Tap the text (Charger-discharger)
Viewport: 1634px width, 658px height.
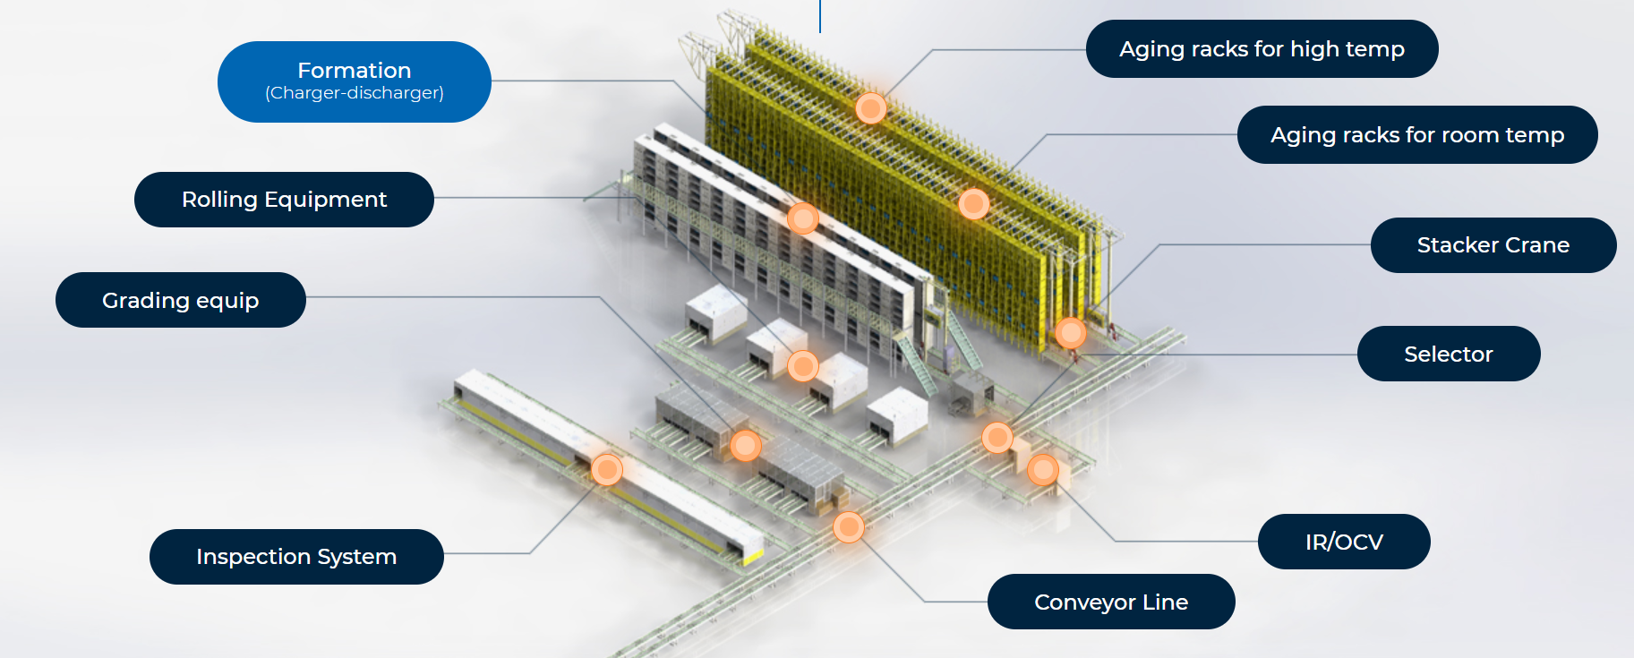pos(354,93)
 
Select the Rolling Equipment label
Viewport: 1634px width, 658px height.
pos(284,200)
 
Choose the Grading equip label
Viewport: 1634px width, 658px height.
pos(180,300)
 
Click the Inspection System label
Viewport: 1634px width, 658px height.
pos(295,557)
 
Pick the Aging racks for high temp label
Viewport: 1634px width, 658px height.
pos(1261,49)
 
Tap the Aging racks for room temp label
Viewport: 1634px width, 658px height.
pos(1416,135)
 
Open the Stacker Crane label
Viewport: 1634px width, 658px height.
pos(1493,245)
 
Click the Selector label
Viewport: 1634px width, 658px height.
pos(1448,355)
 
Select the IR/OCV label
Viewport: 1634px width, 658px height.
pos(1343,542)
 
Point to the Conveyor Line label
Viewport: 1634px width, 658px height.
pos(1110,602)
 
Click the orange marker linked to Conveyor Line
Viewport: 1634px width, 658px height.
pos(849,527)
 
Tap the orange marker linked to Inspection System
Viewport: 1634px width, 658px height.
pos(607,469)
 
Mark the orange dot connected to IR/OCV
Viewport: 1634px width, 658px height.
pos(1043,469)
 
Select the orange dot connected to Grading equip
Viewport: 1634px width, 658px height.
pos(745,445)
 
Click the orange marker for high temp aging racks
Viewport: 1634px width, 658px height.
pos(870,108)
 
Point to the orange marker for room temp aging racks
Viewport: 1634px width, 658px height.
pos(973,204)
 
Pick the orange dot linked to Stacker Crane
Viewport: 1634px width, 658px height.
pos(1070,333)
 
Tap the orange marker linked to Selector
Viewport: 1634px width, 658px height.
pos(997,438)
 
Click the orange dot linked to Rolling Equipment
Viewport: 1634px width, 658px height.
pos(803,365)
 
